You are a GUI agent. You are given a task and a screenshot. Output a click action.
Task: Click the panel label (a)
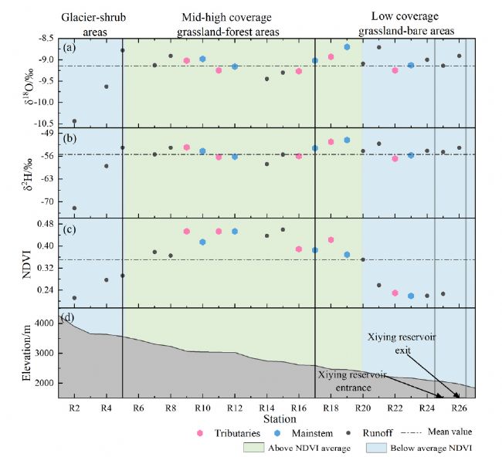point(70,46)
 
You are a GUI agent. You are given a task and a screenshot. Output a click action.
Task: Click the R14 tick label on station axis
point(266,407)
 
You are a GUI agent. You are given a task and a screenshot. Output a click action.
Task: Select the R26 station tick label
point(459,407)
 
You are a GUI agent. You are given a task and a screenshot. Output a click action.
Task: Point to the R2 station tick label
point(75,407)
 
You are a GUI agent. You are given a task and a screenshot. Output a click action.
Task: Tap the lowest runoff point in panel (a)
point(74,121)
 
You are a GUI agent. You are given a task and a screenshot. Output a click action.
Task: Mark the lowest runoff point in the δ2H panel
point(74,208)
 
